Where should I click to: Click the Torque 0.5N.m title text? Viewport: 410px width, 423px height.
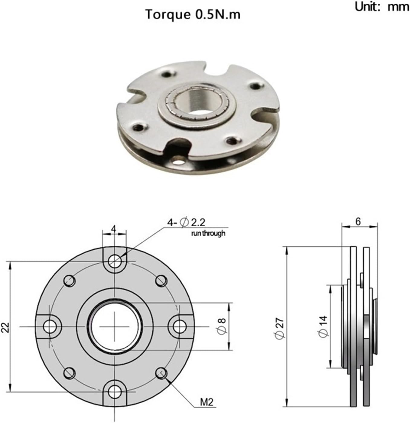pyautogui.click(x=193, y=15)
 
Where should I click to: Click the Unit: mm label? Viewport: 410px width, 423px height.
pyautogui.click(x=382, y=6)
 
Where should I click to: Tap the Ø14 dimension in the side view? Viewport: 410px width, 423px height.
pyautogui.click(x=323, y=326)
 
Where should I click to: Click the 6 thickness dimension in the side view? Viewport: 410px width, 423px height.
pyautogui.click(x=358, y=221)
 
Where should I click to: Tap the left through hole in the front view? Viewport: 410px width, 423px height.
pyautogui.click(x=49, y=327)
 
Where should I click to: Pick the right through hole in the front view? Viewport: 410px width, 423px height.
pyautogui.click(x=179, y=327)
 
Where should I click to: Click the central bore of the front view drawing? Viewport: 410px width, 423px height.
pyautogui.click(x=115, y=327)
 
